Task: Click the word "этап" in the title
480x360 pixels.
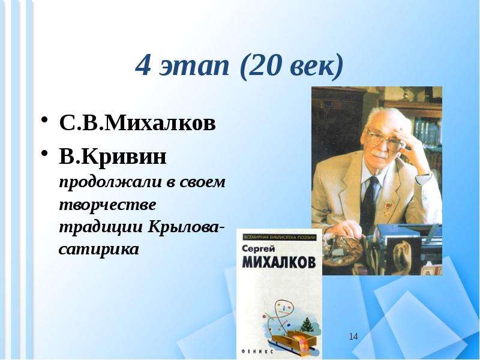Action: click(x=194, y=65)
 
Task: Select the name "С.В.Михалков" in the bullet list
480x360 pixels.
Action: click(x=137, y=123)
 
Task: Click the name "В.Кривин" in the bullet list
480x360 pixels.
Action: click(x=113, y=157)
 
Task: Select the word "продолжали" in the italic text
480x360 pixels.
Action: click(x=110, y=183)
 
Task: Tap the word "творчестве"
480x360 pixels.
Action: click(x=107, y=205)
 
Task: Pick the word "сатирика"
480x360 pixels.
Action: click(x=99, y=249)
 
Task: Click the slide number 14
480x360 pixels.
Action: click(x=353, y=337)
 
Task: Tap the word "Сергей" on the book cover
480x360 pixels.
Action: click(x=259, y=250)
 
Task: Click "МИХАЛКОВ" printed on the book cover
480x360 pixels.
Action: click(x=278, y=263)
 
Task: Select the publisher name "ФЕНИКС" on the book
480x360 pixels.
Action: click(x=257, y=352)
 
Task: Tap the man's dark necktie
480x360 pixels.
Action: click(x=369, y=202)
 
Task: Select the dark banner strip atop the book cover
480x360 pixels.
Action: click(x=279, y=238)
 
